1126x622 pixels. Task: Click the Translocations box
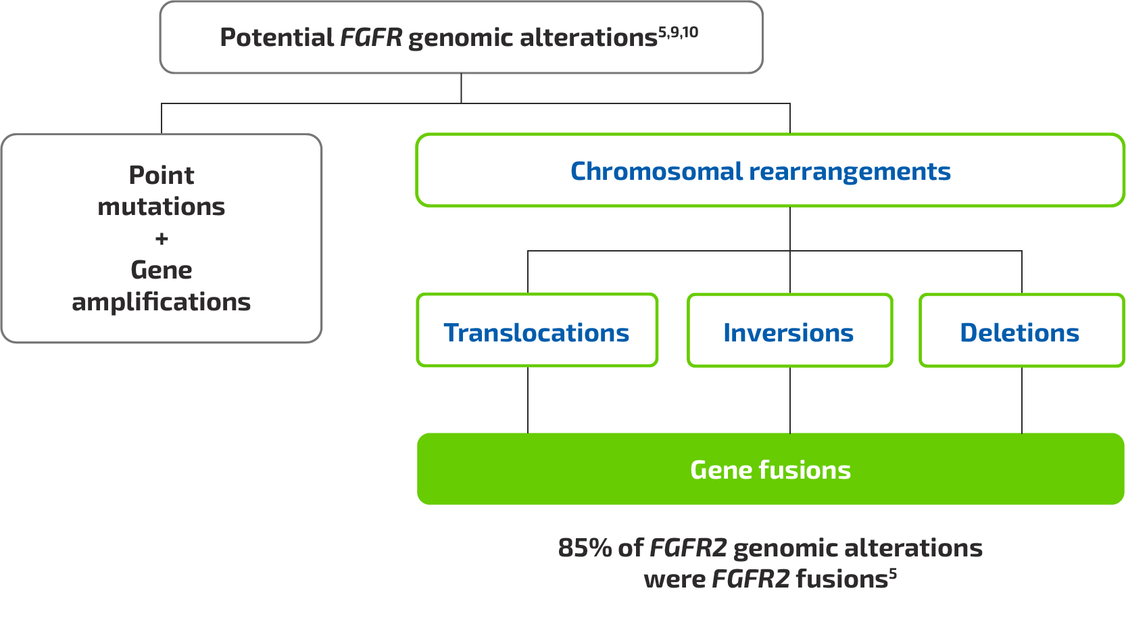pyautogui.click(x=537, y=331)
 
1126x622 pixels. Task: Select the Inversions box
pyautogui.click(x=789, y=331)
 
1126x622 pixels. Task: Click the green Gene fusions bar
pyautogui.click(x=770, y=469)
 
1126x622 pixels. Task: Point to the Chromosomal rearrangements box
pyautogui.click(x=770, y=170)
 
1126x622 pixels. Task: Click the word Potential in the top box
pyautogui.click(x=276, y=38)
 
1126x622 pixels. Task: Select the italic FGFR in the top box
pyautogui.click(x=370, y=38)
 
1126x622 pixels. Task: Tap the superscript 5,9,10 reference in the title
pyautogui.click(x=678, y=32)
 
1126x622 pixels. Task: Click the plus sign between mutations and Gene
pyautogui.click(x=162, y=239)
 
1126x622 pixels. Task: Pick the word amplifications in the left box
pyautogui.click(x=162, y=302)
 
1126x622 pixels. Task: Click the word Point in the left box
pyautogui.click(x=162, y=175)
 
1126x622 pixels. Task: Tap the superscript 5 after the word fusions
pyautogui.click(x=893, y=573)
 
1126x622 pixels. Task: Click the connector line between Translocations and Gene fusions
pyautogui.click(x=528, y=400)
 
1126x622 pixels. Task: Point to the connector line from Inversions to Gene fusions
pyautogui.click(x=790, y=400)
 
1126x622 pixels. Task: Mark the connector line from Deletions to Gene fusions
pyautogui.click(x=1022, y=400)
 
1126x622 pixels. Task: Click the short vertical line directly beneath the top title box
pyautogui.click(x=461, y=88)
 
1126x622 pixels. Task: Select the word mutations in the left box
pyautogui.click(x=162, y=206)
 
